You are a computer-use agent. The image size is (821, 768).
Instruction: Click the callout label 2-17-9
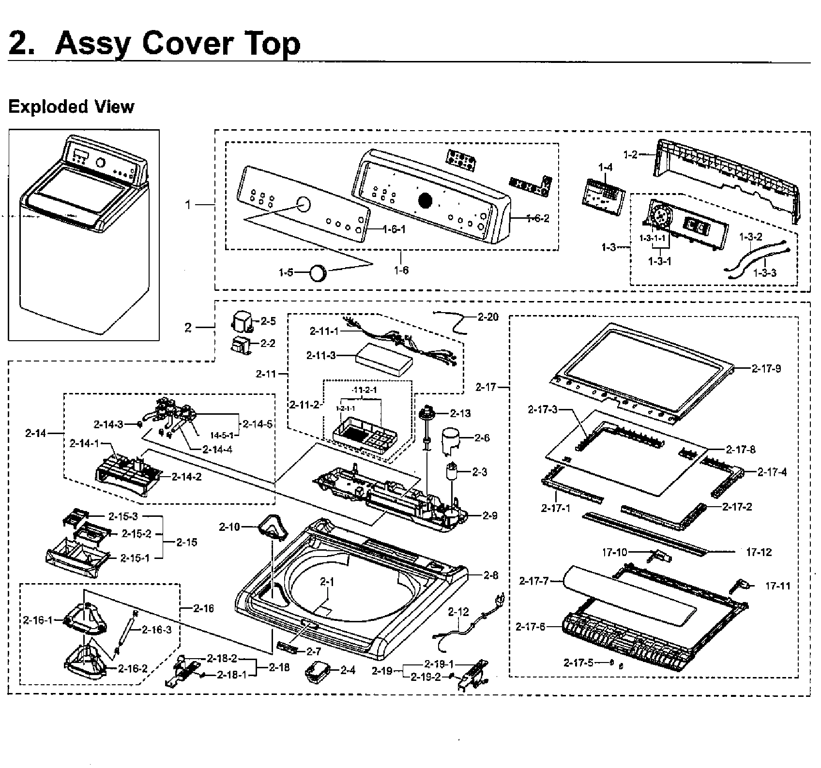coord(766,369)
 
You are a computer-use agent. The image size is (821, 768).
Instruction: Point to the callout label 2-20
coord(488,317)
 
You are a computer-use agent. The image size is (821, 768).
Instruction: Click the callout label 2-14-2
coord(186,477)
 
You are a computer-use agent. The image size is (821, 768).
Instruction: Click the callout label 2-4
coord(348,670)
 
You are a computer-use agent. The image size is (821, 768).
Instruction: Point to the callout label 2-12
coord(458,612)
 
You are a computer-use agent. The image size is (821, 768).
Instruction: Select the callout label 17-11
coord(777,586)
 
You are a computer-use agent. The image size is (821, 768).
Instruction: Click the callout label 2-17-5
coord(578,663)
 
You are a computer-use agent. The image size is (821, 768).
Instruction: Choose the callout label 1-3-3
coord(764,273)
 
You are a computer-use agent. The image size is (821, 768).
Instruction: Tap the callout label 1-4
coord(605,167)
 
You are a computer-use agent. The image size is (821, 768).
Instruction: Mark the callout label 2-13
coord(460,413)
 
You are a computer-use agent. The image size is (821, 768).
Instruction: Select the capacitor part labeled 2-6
coord(450,440)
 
